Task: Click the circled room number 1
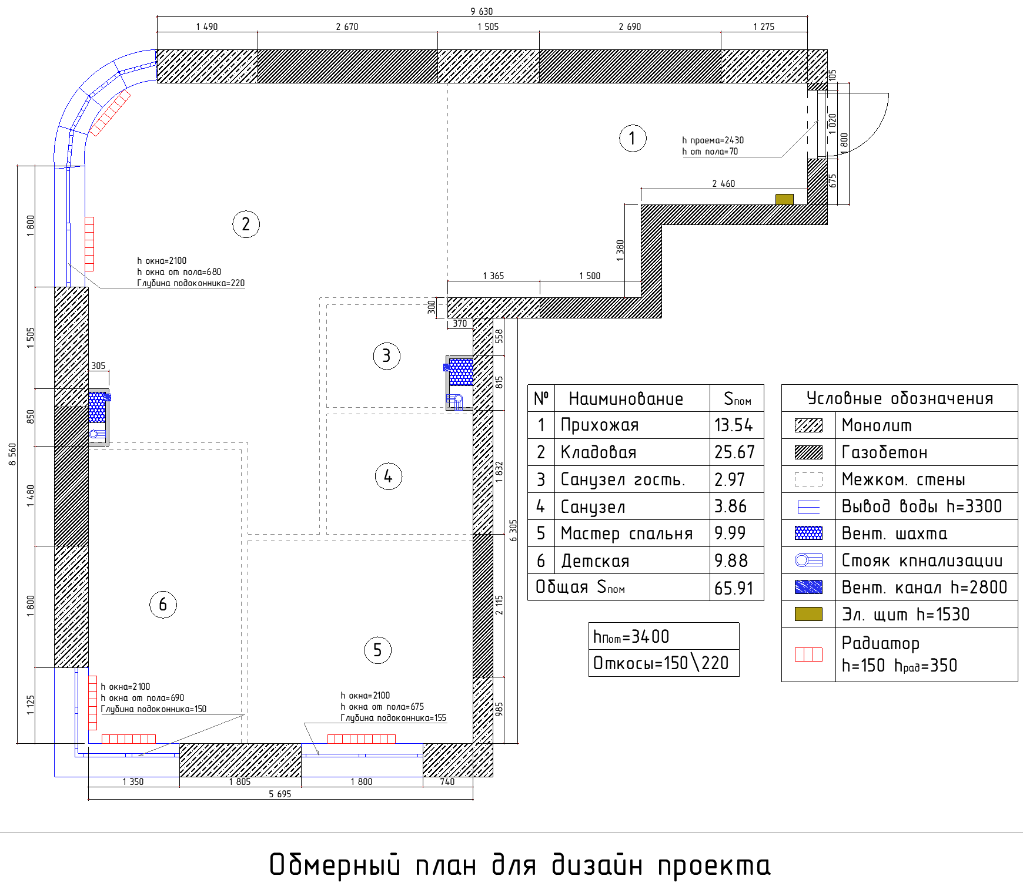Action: click(633, 138)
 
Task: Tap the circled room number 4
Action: click(388, 476)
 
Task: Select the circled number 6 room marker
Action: click(163, 605)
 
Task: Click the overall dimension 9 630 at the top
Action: click(482, 11)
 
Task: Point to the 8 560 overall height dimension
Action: click(12, 454)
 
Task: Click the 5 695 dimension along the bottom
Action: click(280, 794)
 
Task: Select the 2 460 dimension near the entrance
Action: click(723, 183)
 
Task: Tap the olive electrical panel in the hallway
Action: click(784, 199)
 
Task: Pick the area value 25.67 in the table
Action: click(734, 452)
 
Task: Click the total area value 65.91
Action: click(734, 588)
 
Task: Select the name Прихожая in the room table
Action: click(599, 425)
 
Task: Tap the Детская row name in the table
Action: click(595, 561)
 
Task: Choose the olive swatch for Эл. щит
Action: click(808, 614)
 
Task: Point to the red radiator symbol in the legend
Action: click(808, 655)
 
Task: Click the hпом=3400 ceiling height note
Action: click(631, 636)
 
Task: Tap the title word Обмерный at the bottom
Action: click(335, 865)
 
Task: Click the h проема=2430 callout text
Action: click(713, 140)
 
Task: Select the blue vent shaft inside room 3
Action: click(461, 371)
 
